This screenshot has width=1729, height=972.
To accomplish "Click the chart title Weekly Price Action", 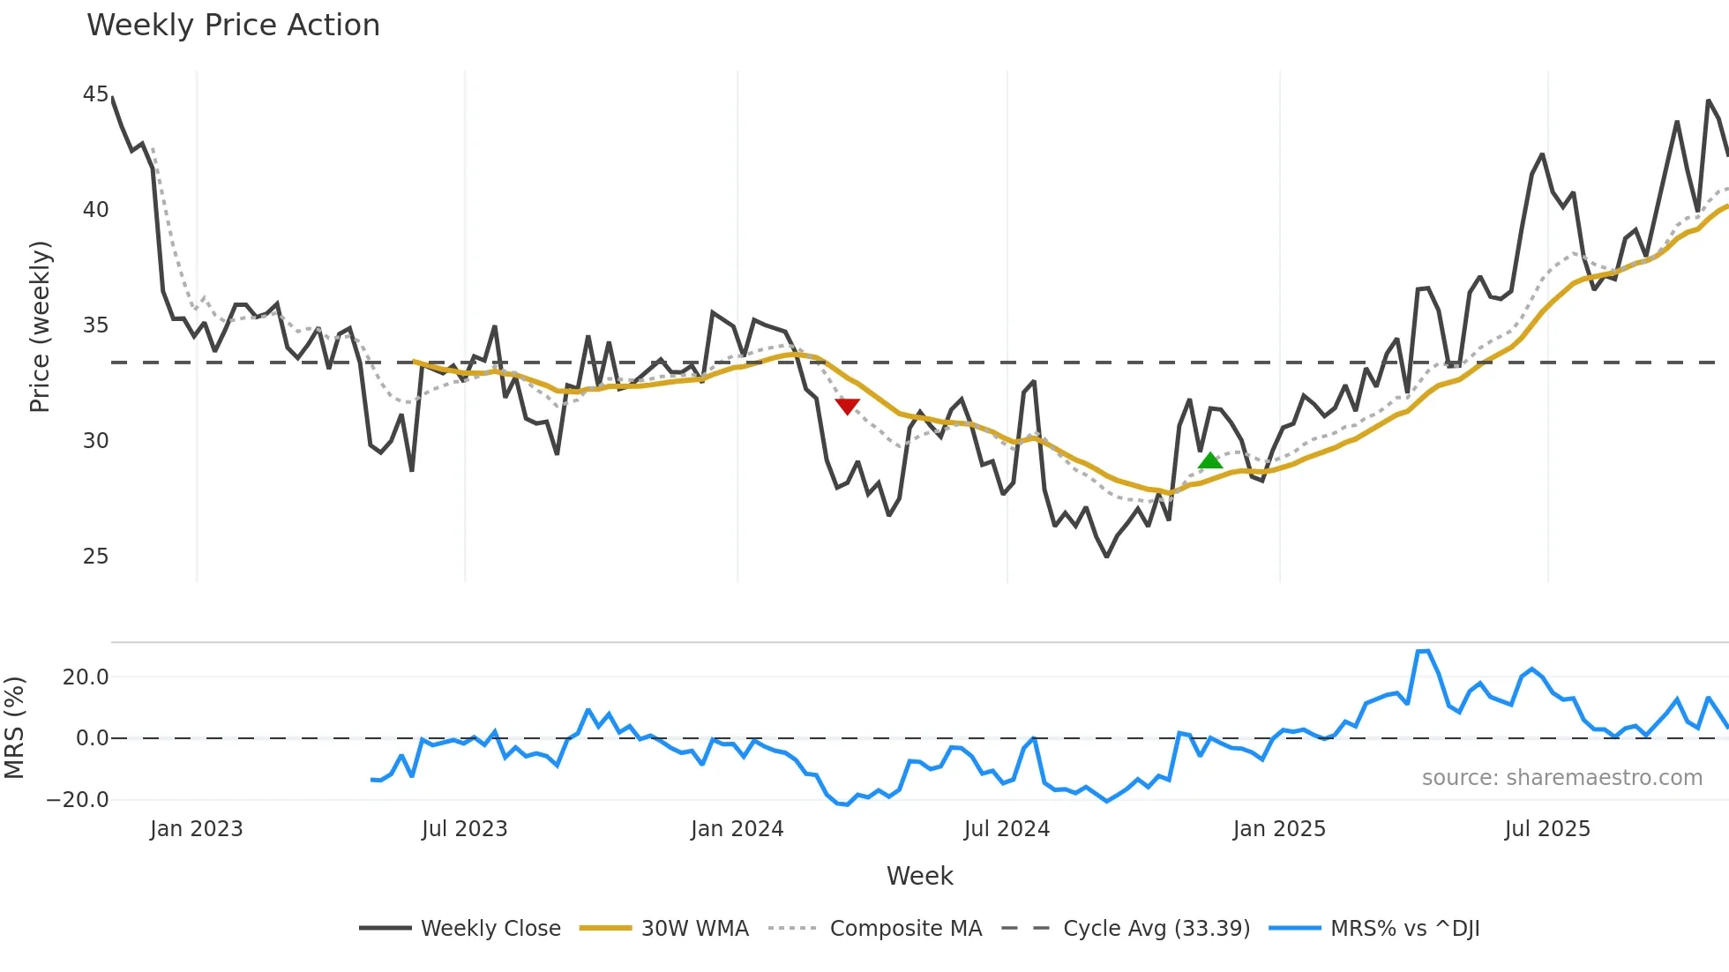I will [233, 26].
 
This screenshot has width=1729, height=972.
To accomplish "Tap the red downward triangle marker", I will [847, 406].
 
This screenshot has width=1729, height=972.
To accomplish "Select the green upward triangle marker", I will [1210, 460].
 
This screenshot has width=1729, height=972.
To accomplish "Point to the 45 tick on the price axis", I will [95, 94].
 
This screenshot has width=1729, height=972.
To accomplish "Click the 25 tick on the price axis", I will [95, 557].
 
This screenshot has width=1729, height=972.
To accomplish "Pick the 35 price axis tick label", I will [95, 325].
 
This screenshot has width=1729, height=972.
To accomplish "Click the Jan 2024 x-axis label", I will [737, 829].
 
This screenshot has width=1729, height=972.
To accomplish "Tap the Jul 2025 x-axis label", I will [1547, 829].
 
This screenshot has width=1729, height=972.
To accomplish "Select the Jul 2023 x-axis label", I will [464, 829].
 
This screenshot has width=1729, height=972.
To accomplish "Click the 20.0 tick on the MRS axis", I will [86, 677].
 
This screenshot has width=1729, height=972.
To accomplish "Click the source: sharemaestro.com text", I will [1561, 778].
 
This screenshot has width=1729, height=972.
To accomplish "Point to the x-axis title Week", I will [919, 876].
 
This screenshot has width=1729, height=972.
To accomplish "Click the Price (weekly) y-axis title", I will [41, 326].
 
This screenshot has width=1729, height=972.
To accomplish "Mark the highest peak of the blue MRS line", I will [1427, 651].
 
